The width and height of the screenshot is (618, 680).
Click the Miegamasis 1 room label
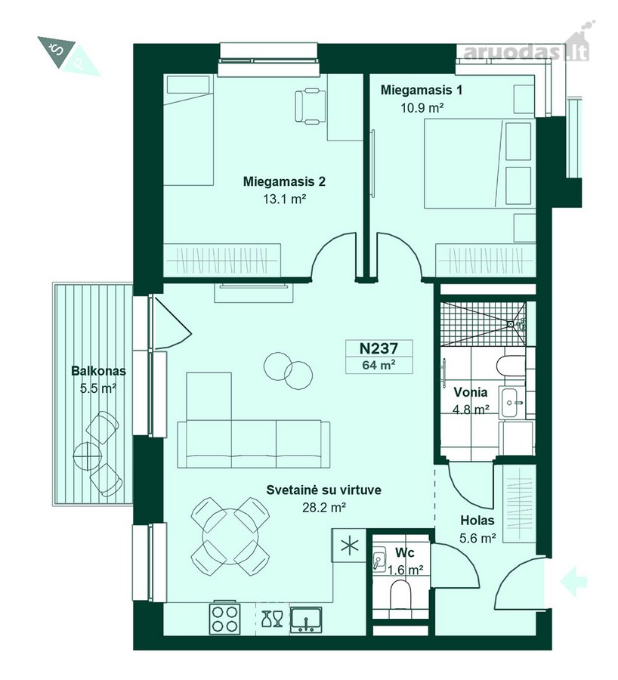(421, 90)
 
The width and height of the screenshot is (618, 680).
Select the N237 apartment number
(379, 348)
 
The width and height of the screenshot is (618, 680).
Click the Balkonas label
(98, 371)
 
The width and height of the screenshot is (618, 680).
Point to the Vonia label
(471, 392)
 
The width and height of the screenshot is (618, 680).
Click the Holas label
(477, 520)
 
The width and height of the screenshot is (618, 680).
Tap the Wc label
(405, 552)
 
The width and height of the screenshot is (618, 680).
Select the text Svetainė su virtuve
(323, 490)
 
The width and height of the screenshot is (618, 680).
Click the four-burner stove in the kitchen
(224, 617)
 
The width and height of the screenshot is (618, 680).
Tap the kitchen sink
(306, 619)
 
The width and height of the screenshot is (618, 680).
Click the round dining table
(230, 536)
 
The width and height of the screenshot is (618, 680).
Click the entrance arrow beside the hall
(573, 581)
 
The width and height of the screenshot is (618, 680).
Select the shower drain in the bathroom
(511, 323)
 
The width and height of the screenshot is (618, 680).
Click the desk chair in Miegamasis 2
(310, 105)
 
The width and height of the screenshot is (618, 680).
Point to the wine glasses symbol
(272, 619)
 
